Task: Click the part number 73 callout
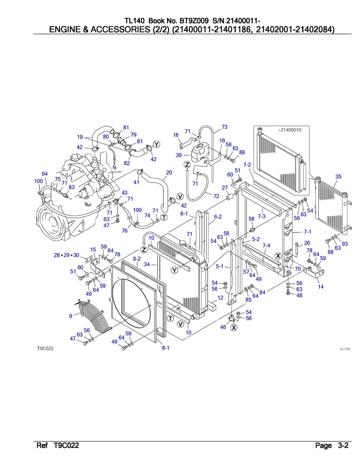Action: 224,127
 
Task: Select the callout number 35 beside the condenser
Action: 338,176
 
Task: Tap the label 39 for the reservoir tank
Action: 179,155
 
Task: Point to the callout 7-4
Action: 266,245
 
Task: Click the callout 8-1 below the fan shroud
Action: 166,348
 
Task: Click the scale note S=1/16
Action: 345,349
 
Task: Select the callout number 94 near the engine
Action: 45,174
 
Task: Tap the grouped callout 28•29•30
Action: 66,255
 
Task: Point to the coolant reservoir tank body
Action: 200,151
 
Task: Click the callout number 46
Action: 223,327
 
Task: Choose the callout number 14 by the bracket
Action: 321,287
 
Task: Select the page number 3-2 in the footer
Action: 343,446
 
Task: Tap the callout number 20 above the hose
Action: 169,173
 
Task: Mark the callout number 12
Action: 220,298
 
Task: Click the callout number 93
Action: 345,244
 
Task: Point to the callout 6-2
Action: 218,217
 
